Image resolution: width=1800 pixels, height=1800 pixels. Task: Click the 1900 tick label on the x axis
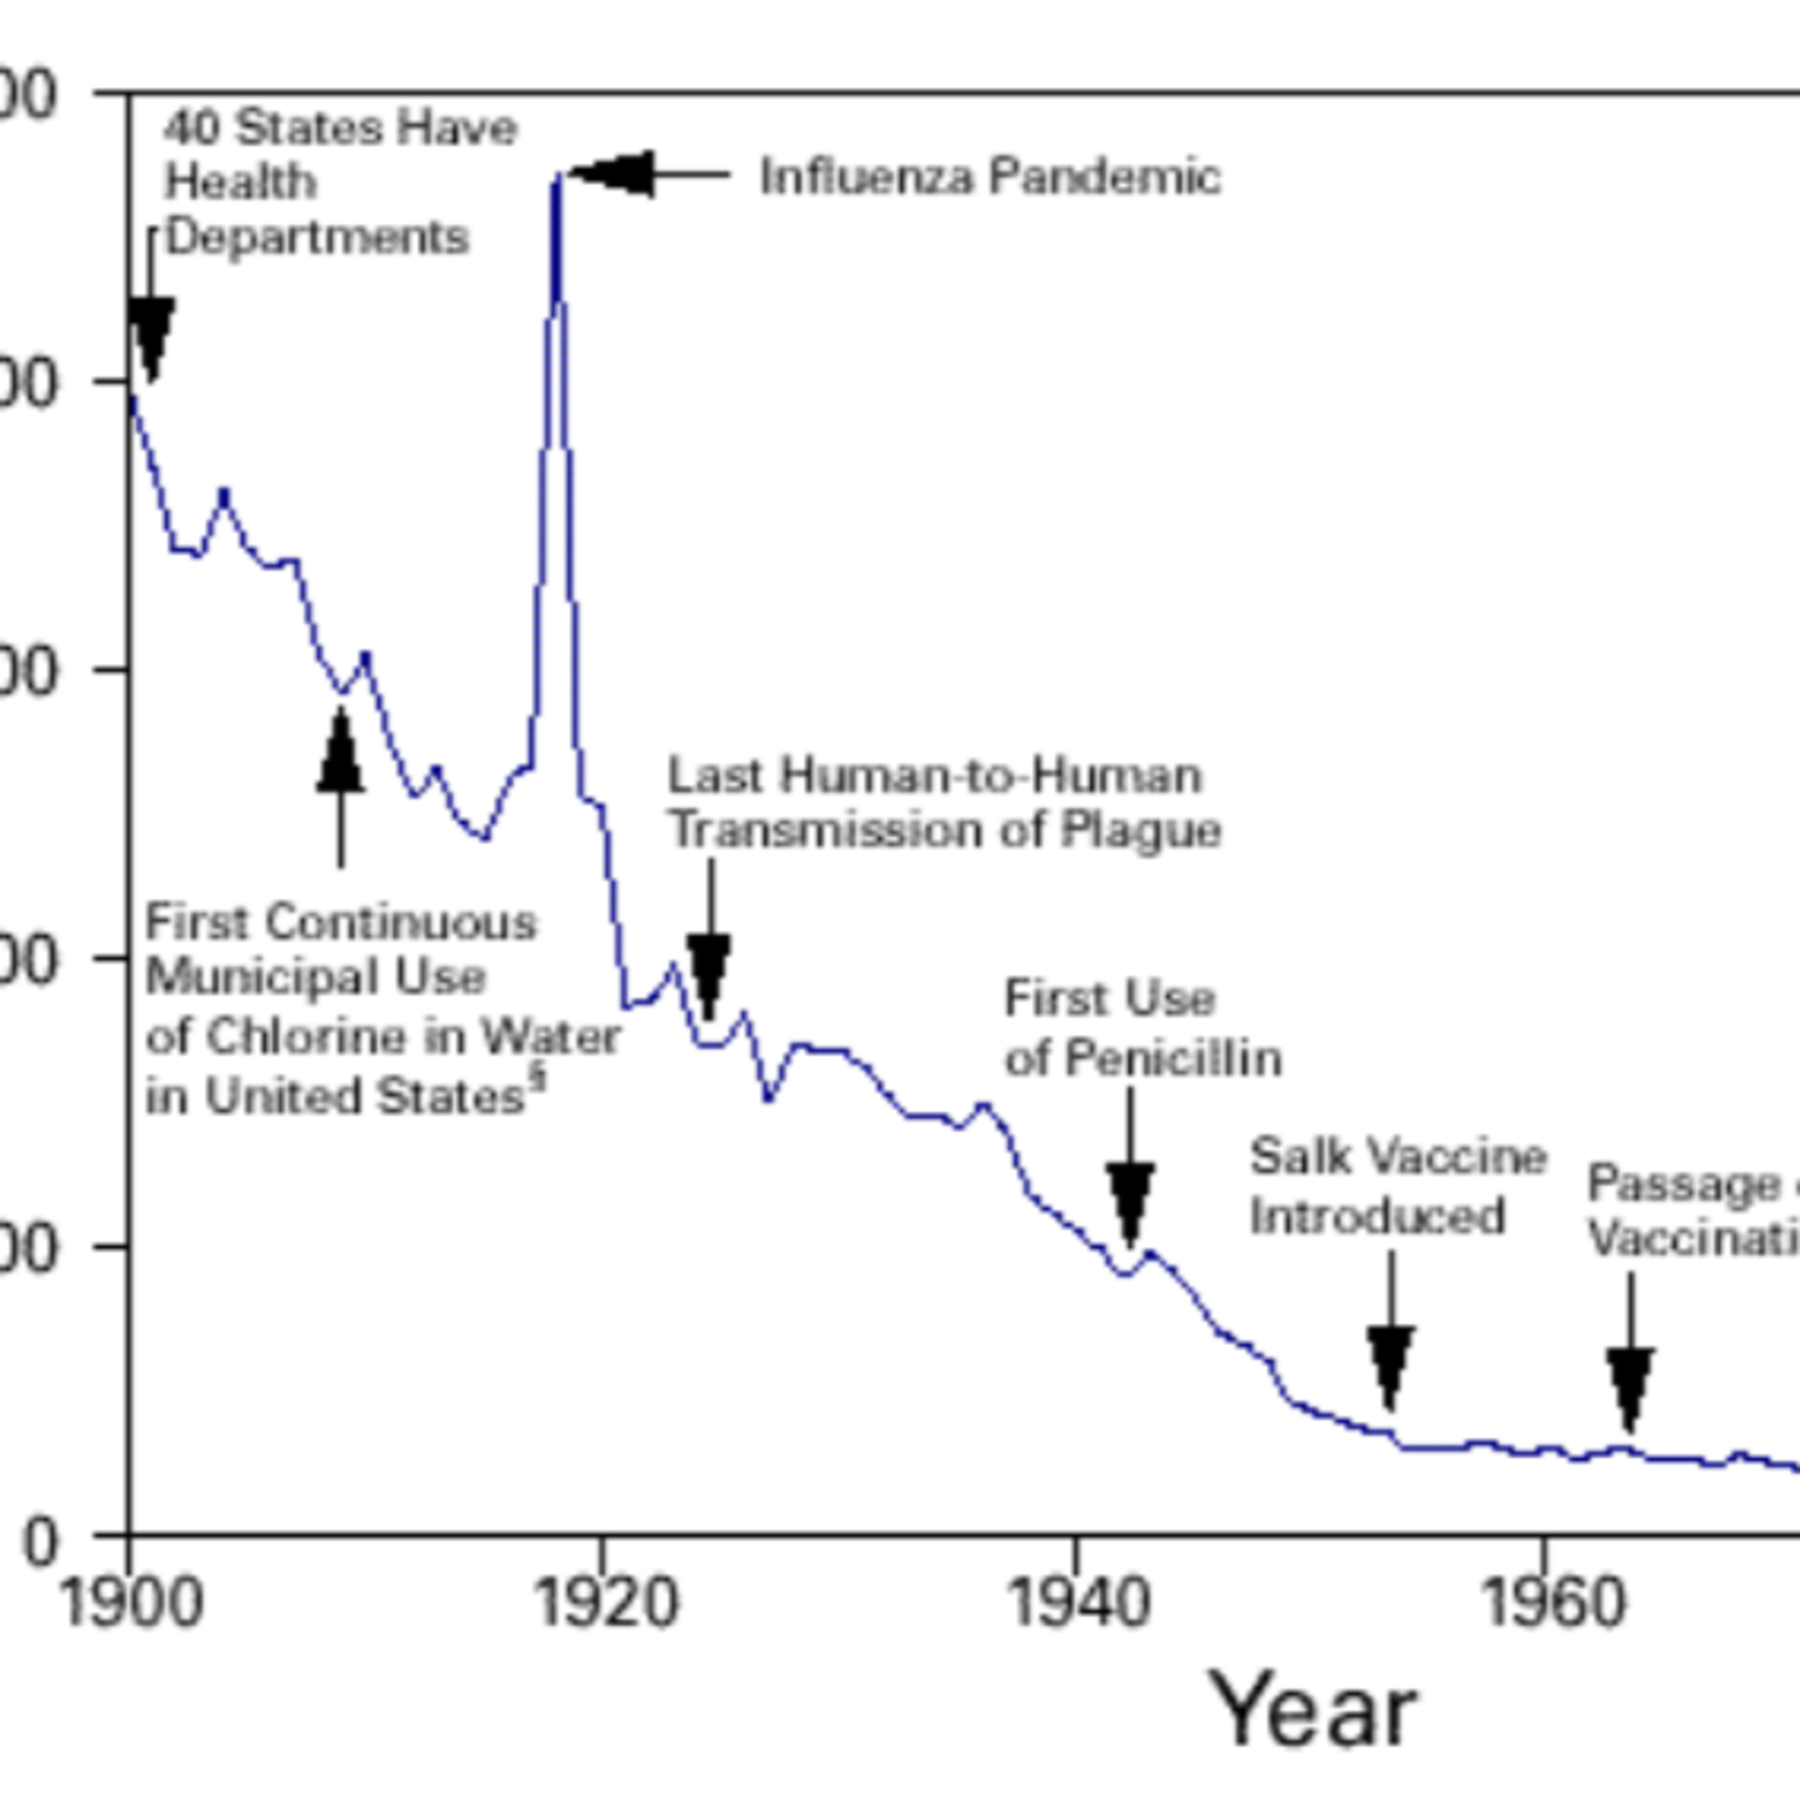130,1604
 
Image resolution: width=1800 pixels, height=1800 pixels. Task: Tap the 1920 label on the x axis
604,1604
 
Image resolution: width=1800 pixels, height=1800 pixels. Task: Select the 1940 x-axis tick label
1079,1604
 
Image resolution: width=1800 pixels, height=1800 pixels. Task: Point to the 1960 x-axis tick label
1552,1604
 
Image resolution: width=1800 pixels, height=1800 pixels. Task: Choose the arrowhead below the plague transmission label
709,974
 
